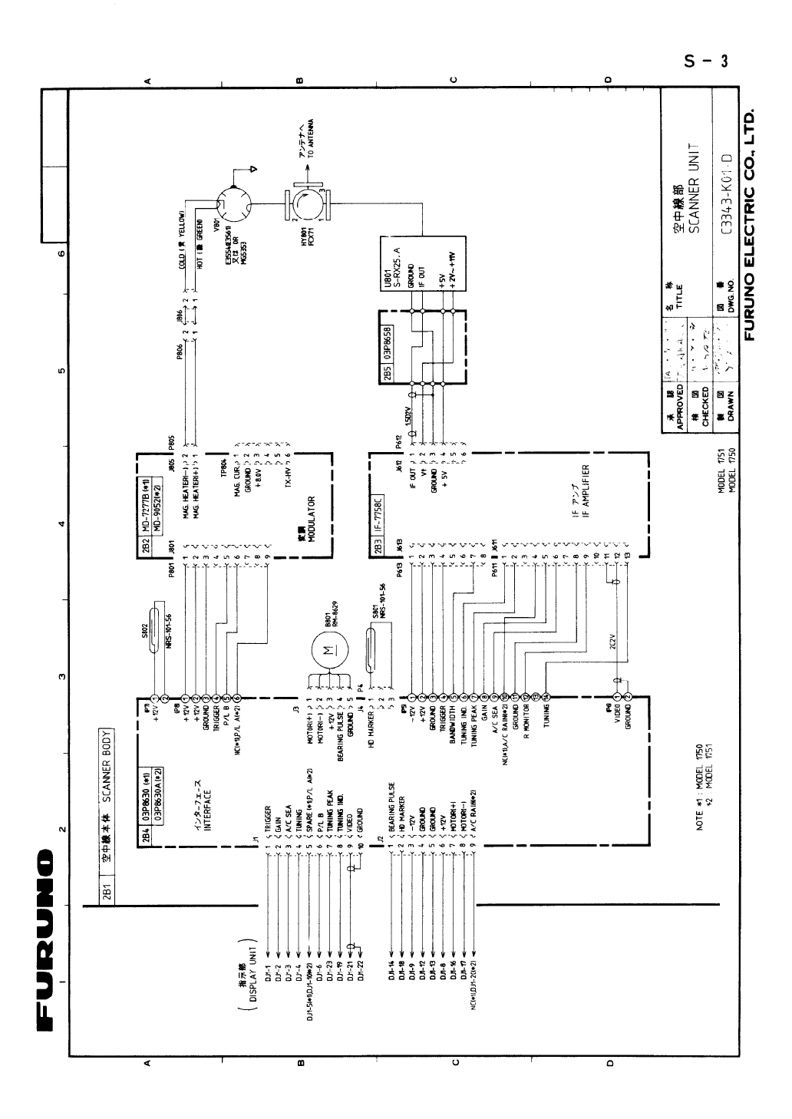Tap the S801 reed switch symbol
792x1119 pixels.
371,638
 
